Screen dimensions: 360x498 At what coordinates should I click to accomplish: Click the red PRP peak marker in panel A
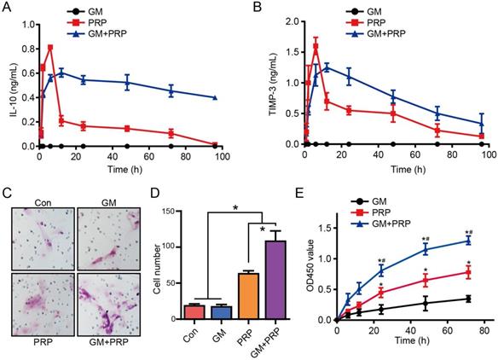coord(50,48)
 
